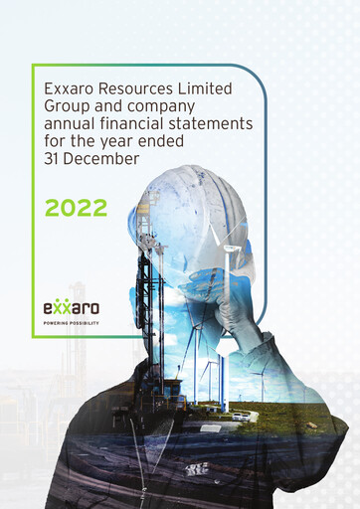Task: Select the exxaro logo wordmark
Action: (71, 308)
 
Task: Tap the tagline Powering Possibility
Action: (71, 323)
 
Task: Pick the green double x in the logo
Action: (63, 307)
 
